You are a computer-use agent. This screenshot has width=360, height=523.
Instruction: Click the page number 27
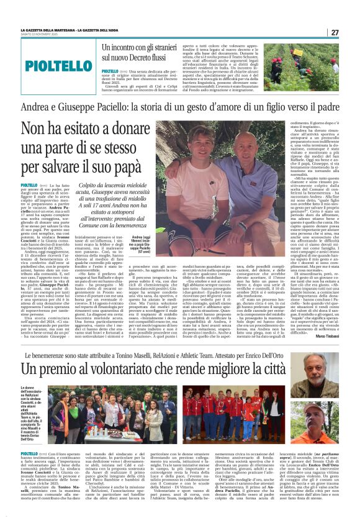tap(334, 32)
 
